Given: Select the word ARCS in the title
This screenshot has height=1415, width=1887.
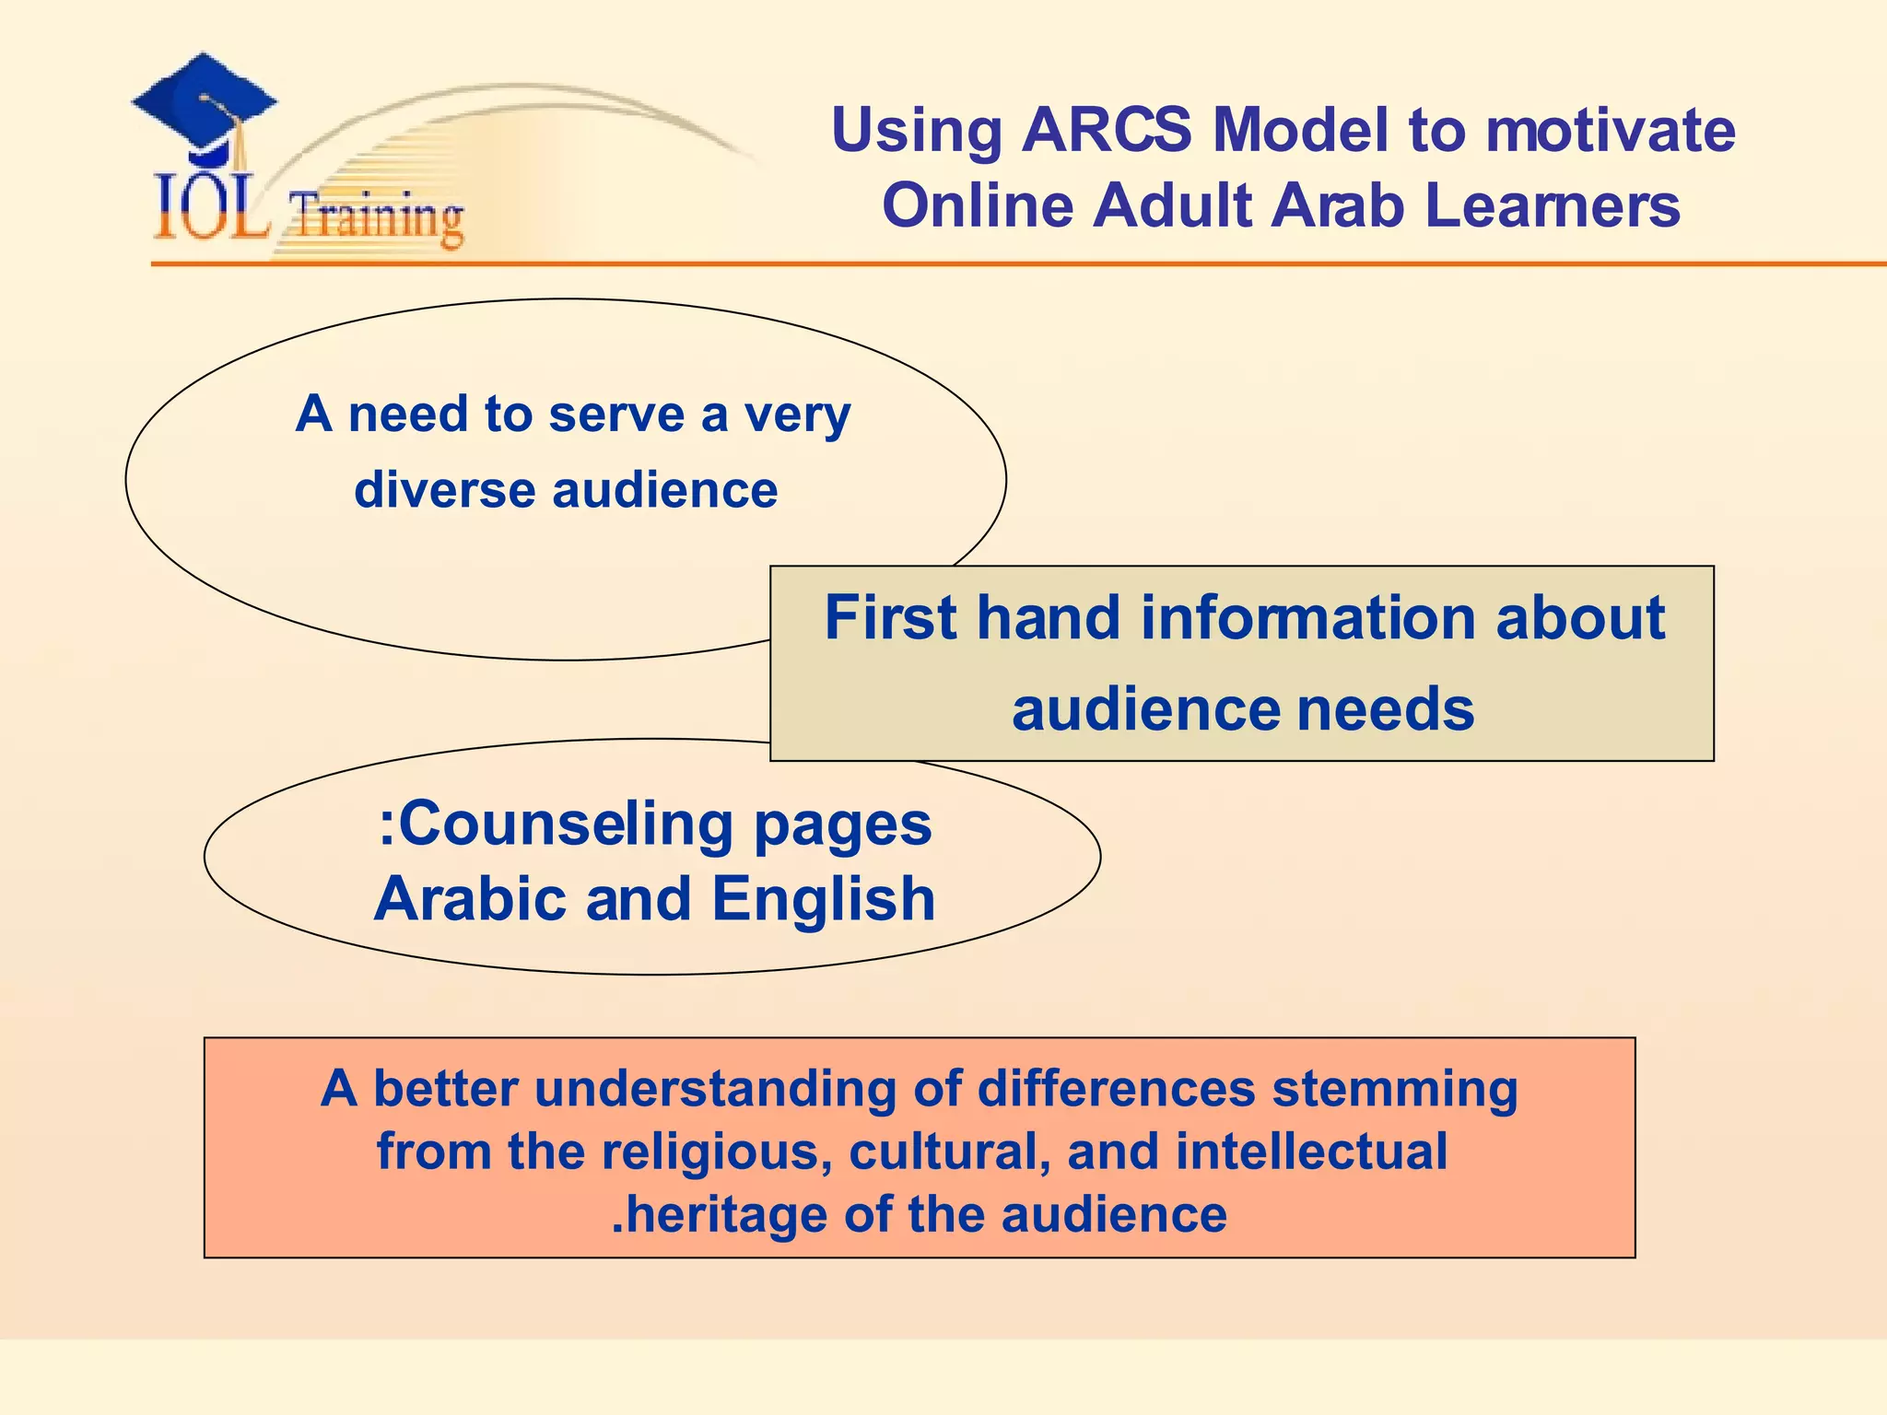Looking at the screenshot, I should point(1105,130).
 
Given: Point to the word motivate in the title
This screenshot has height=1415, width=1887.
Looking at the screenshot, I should point(1611,130).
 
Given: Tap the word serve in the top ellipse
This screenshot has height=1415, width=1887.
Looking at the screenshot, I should point(615,414).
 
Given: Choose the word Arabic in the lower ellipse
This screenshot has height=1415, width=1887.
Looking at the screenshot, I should point(471,898).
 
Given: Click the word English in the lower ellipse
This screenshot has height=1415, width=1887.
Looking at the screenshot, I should point(824,898).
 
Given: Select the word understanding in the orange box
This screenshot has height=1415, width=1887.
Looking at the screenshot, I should point(715,1089).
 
